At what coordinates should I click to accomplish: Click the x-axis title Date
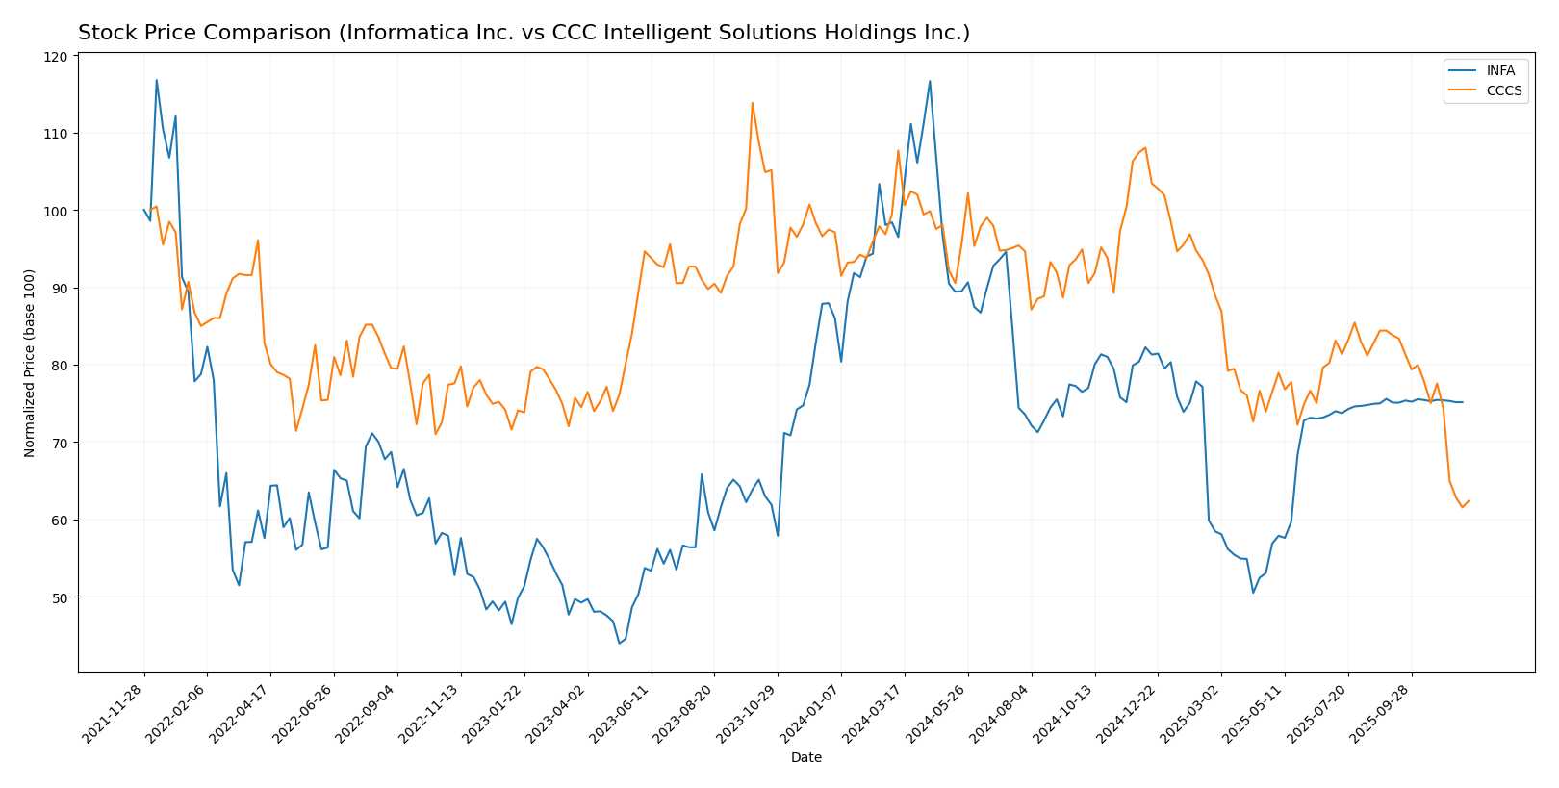[x=806, y=758]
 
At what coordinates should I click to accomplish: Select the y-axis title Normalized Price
[x=30, y=363]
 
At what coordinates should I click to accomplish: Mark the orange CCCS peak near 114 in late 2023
[x=753, y=103]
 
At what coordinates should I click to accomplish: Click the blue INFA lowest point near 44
[x=620, y=643]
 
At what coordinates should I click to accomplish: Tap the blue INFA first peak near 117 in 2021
[x=156, y=80]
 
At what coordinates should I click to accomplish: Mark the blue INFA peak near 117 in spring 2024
[x=930, y=81]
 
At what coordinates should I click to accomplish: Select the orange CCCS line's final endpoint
[x=1469, y=500]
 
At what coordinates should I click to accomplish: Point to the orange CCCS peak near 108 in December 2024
[x=1145, y=147]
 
